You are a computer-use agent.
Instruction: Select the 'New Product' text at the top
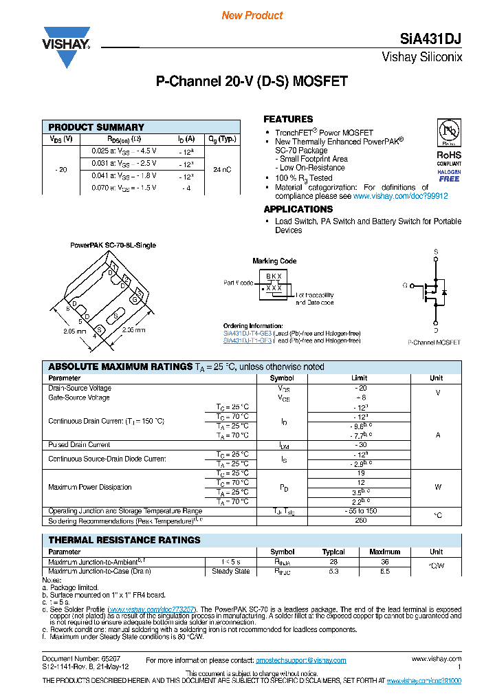[x=252, y=15]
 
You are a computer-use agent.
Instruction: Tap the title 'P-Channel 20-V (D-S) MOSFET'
[x=252, y=81]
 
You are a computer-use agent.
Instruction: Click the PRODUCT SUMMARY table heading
[x=96, y=127]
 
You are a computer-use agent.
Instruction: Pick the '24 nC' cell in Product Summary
[x=221, y=169]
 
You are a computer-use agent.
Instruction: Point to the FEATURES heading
[x=288, y=119]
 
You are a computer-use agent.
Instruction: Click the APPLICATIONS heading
[x=298, y=209]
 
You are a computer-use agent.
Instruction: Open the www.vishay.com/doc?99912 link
[x=400, y=196]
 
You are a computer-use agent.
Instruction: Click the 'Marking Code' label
[x=274, y=261]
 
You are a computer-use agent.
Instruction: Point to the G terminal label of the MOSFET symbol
[x=405, y=285]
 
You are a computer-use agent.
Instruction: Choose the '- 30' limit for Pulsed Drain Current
[x=359, y=445]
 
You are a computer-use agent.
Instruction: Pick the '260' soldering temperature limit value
[x=359, y=521]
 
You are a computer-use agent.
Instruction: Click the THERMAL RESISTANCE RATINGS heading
[x=124, y=540]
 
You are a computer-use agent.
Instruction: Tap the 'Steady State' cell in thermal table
[x=230, y=571]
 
